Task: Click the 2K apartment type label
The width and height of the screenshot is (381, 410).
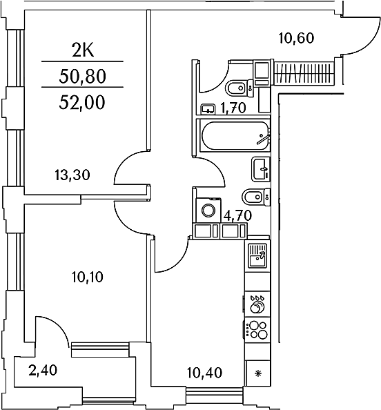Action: tap(82, 50)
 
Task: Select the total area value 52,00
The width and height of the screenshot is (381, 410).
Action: tap(82, 102)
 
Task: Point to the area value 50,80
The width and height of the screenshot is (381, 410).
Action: tap(82, 77)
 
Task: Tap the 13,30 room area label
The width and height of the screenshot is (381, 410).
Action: tap(72, 175)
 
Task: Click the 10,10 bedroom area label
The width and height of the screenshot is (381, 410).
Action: tap(88, 277)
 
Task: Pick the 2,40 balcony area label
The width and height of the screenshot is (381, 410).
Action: tap(43, 370)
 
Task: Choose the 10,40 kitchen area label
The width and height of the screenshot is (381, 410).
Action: tap(205, 373)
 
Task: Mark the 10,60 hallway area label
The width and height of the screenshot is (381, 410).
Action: tap(296, 38)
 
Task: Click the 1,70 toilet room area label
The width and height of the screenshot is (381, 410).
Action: tap(233, 108)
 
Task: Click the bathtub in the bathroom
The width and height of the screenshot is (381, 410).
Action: tap(235, 136)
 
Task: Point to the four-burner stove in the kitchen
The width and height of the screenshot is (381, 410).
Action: tap(257, 330)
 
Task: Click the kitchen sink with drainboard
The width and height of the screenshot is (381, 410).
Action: tap(257, 255)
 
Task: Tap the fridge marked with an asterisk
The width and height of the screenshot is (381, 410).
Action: tap(258, 373)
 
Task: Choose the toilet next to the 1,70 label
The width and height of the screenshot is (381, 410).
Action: tap(240, 88)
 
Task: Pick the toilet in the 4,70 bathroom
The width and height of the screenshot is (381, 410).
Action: tap(256, 196)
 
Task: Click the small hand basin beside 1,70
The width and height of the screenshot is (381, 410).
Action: tap(208, 109)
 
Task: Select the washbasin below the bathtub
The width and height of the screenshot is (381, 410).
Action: tap(261, 169)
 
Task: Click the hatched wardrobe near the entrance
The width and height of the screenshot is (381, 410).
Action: tap(304, 73)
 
